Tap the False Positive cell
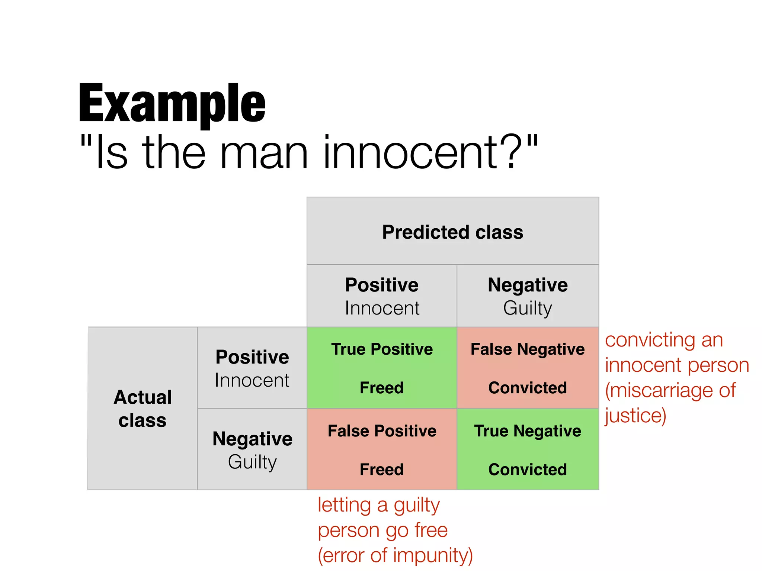coord(382,449)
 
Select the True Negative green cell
coord(528,449)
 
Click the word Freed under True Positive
coord(382,388)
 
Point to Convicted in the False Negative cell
coord(528,388)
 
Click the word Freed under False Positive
coord(382,470)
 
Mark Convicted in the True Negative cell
coord(528,470)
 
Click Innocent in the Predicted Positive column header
coord(382,308)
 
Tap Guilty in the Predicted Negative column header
coord(528,308)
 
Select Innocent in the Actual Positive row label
coord(252,380)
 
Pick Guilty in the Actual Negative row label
coord(252,462)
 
